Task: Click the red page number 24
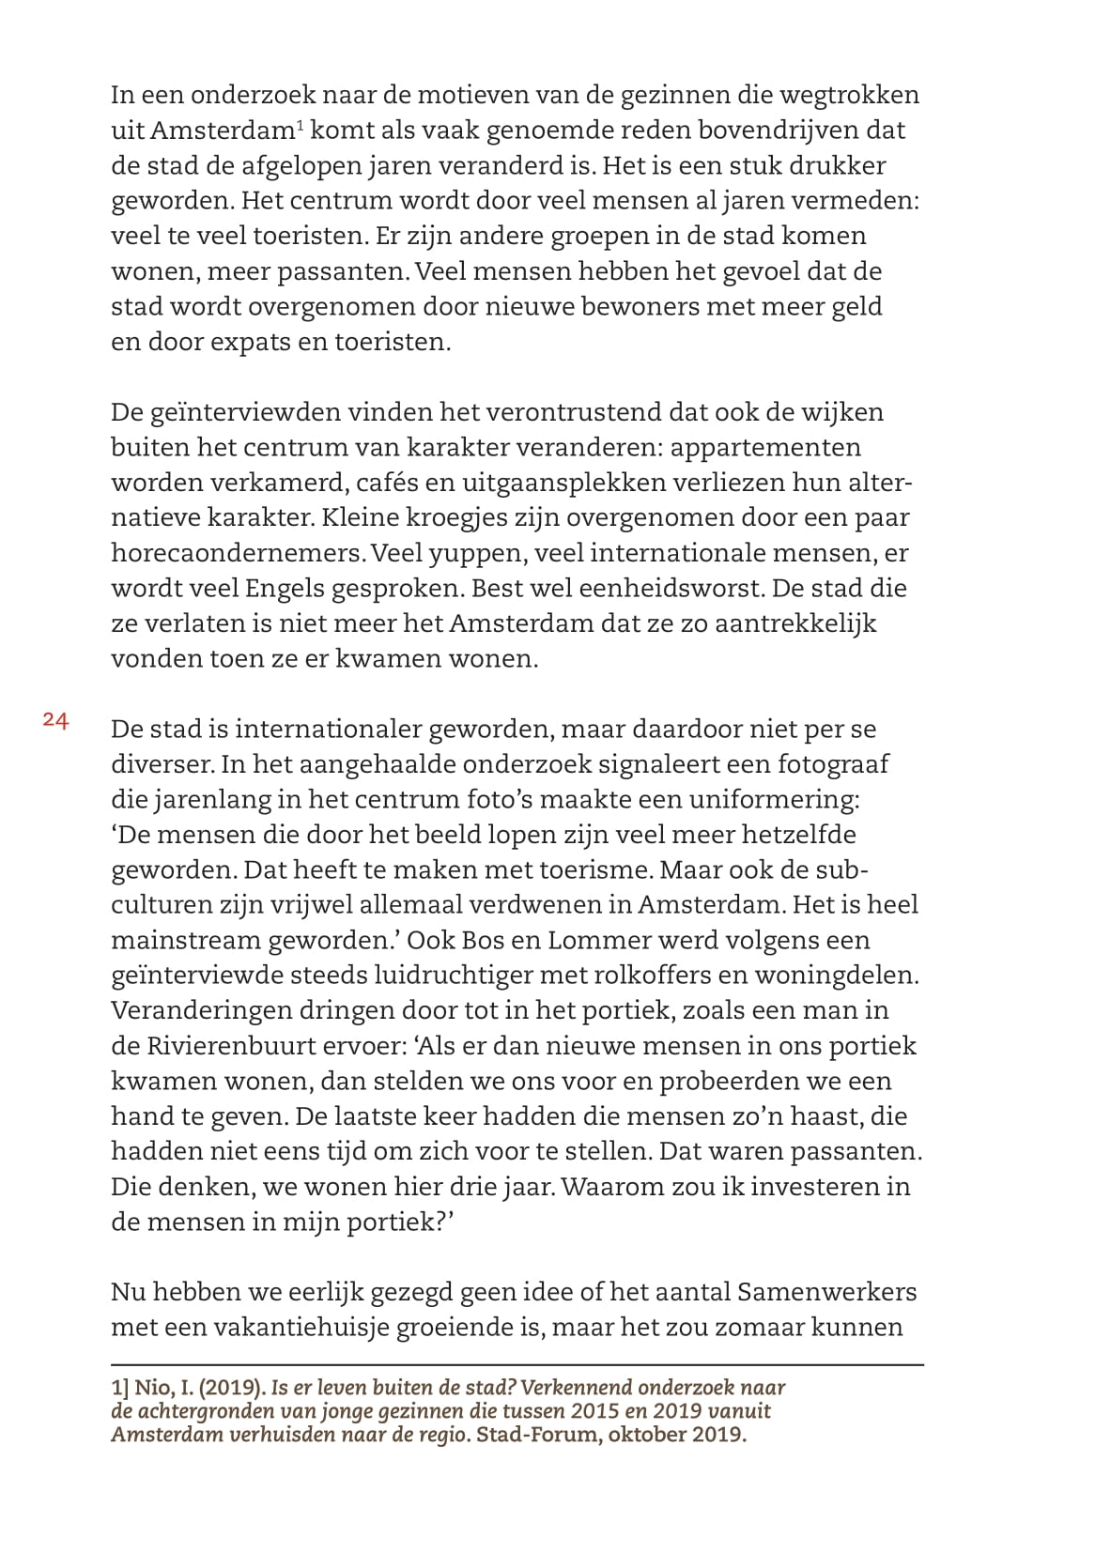coord(55,721)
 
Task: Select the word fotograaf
coord(832,763)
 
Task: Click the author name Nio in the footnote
coord(149,1388)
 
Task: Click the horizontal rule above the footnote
coord(517,1364)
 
